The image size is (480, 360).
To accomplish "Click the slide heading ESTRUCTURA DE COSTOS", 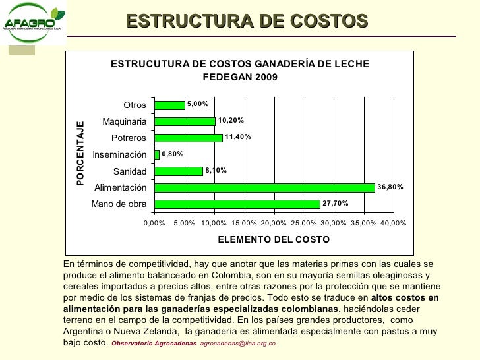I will click(247, 21).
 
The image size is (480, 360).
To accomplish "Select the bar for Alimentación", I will click(264, 187).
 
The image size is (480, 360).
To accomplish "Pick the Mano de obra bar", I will click(237, 204).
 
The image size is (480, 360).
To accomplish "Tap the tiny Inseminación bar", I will click(157, 154).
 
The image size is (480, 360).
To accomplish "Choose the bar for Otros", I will click(169, 105).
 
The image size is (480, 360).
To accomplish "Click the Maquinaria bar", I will click(185, 121).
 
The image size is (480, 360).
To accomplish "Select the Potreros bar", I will click(189, 138).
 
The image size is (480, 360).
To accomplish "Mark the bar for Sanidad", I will click(179, 171).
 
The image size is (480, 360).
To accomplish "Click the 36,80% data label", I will click(390, 187).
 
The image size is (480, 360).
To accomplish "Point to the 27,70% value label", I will click(335, 204).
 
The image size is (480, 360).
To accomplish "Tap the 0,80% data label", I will click(173, 154).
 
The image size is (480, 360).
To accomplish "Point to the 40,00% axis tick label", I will click(393, 223).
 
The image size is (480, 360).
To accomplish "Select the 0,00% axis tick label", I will click(154, 223).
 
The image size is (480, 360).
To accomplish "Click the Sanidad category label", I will click(130, 171).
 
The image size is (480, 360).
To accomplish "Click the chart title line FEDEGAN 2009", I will click(240, 77).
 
